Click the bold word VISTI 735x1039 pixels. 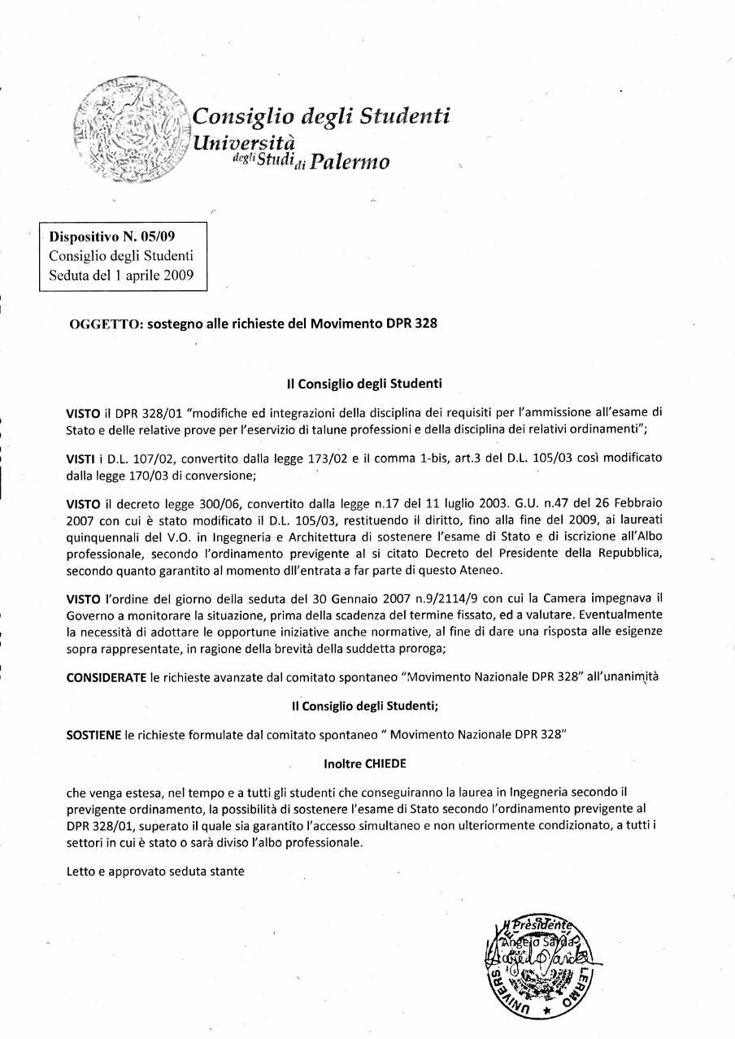(80, 459)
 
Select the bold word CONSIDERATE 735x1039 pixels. (106, 676)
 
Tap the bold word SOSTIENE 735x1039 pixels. (94, 735)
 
